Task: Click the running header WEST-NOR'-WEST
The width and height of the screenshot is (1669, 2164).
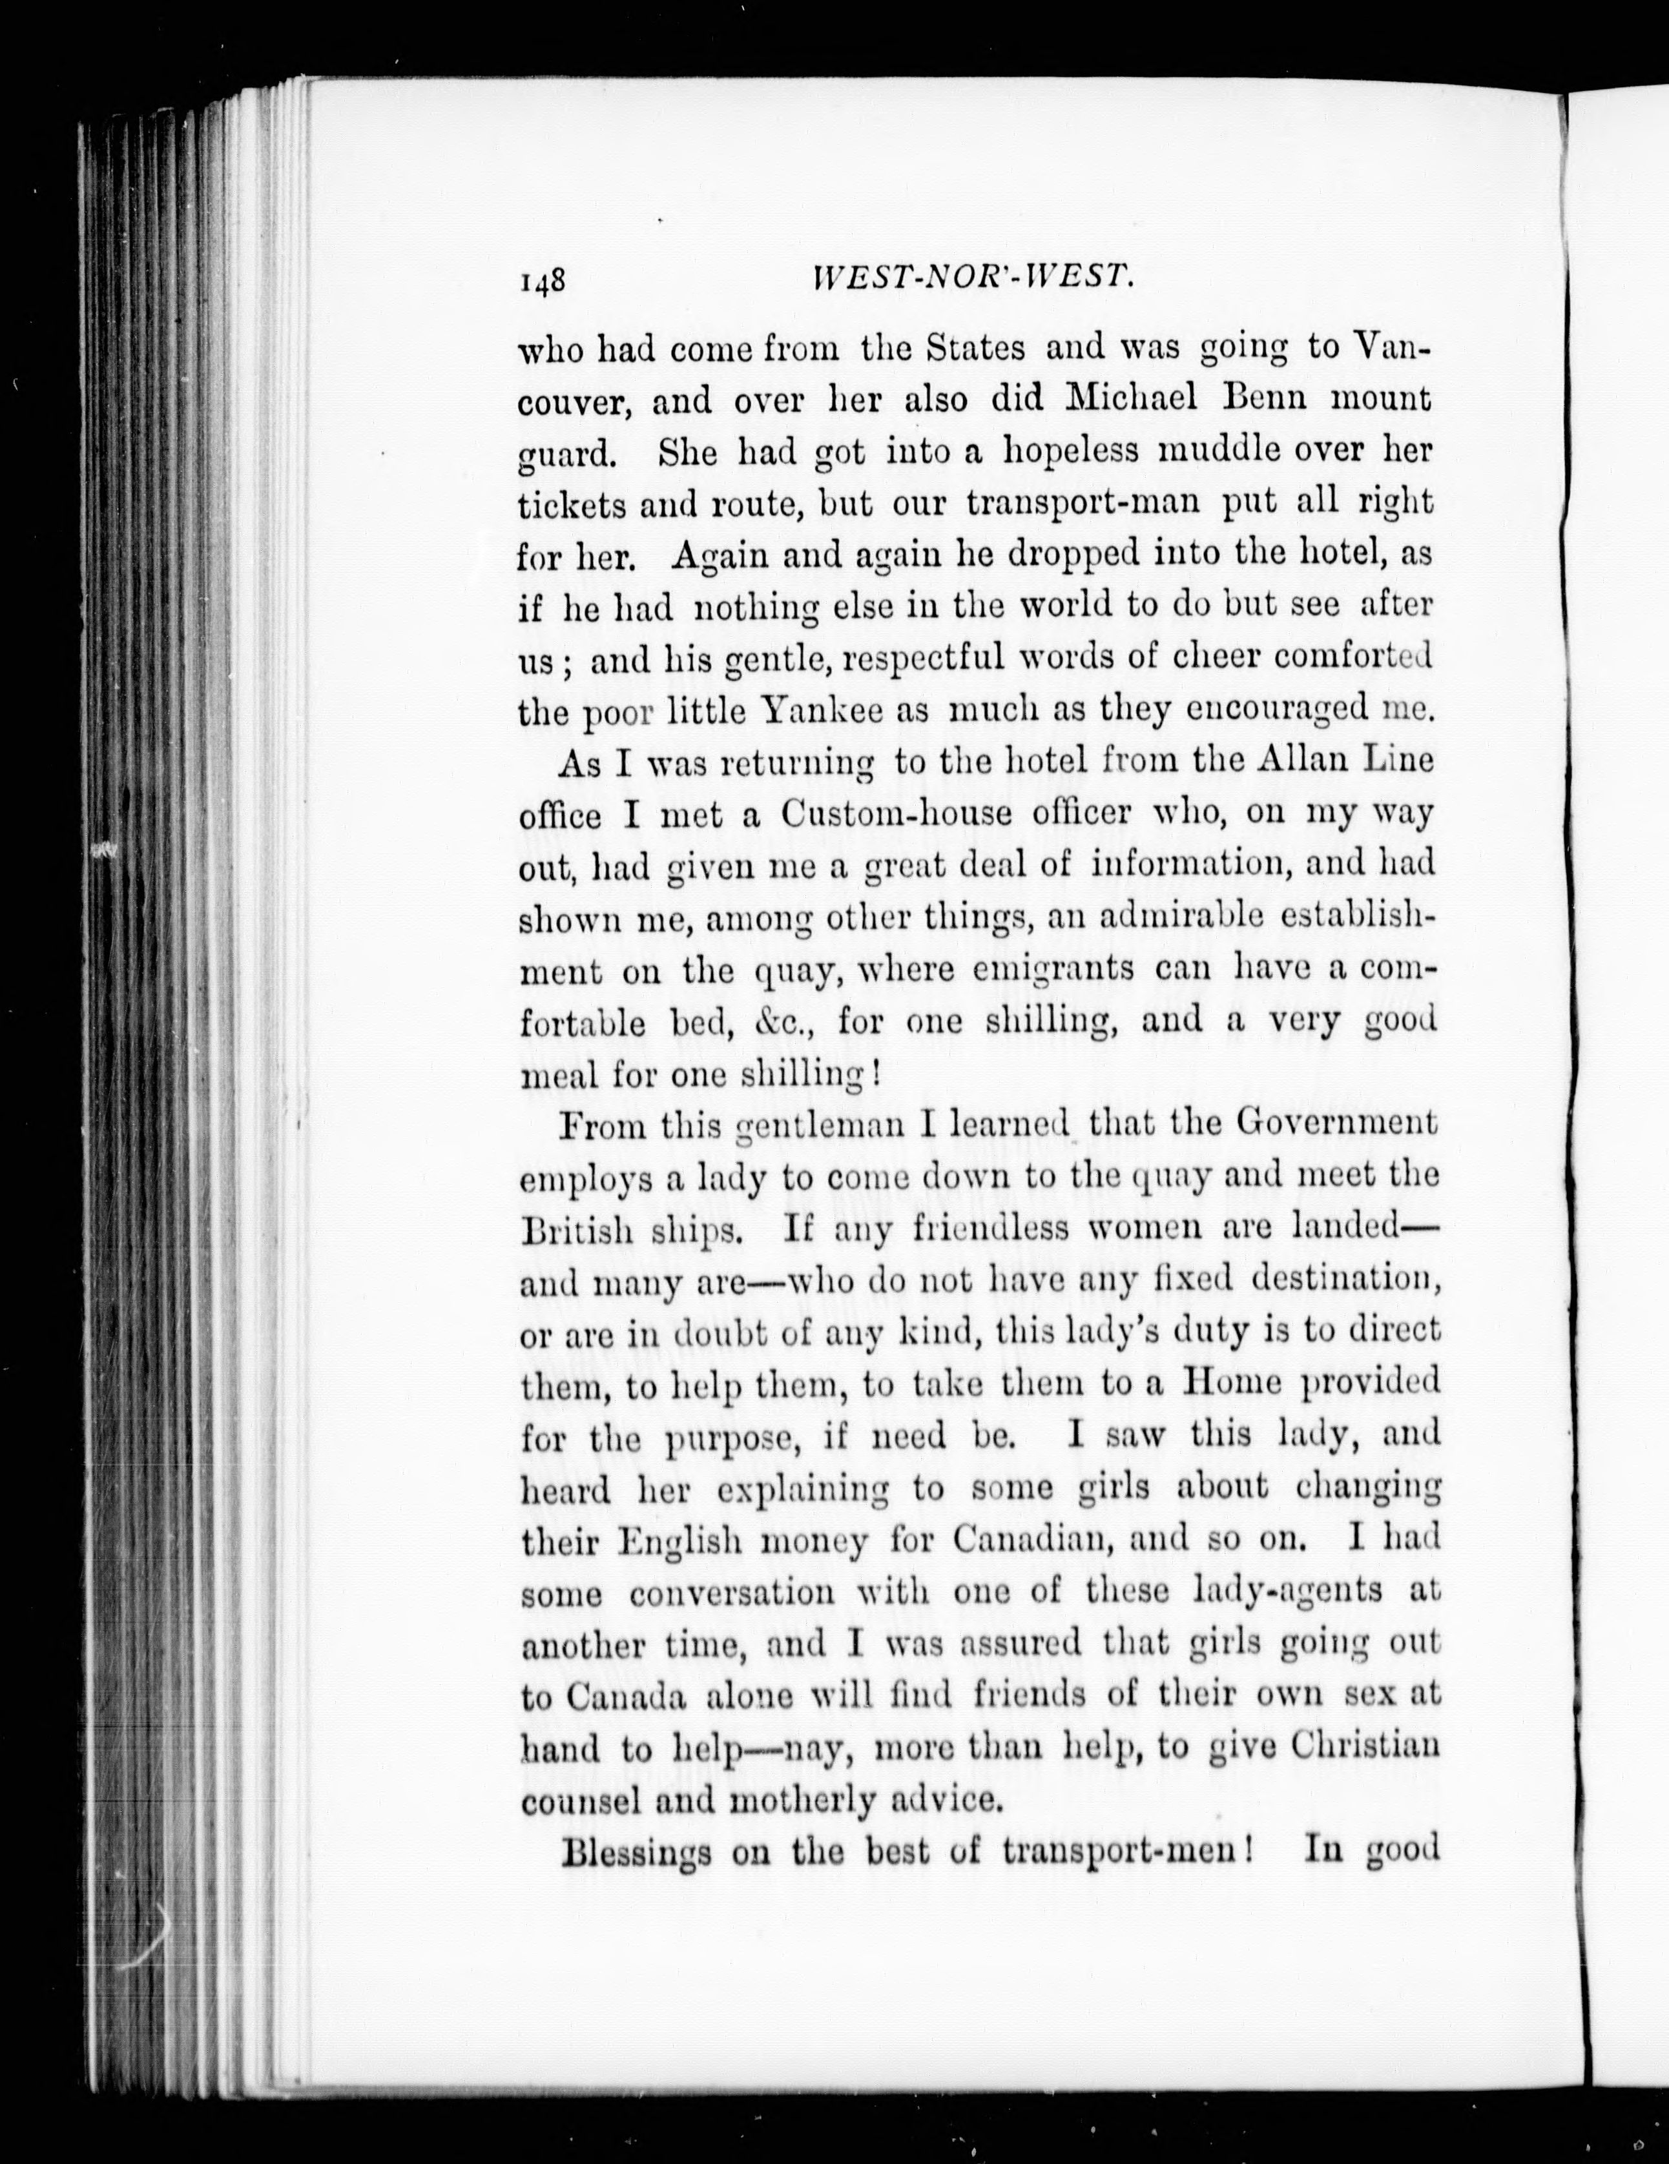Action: pos(972,280)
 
